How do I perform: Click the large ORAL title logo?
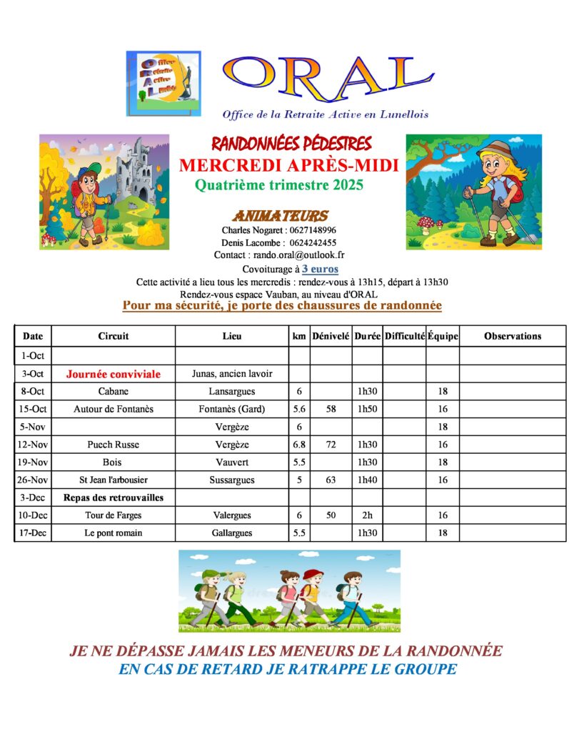(328, 79)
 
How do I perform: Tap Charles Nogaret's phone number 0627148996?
(311, 230)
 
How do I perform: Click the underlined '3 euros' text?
(320, 269)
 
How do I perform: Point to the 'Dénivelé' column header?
(330, 336)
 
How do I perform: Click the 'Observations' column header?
(512, 336)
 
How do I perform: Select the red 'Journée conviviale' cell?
(114, 374)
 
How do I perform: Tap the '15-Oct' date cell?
(33, 410)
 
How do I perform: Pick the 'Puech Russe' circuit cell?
(114, 445)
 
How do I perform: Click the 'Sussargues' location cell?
(232, 480)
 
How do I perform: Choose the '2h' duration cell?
(367, 515)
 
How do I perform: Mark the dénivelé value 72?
(330, 445)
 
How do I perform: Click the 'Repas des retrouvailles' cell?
(114, 498)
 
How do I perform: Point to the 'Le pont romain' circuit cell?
(114, 533)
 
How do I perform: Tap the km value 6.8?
(298, 445)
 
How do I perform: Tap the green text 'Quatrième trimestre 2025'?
(279, 186)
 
